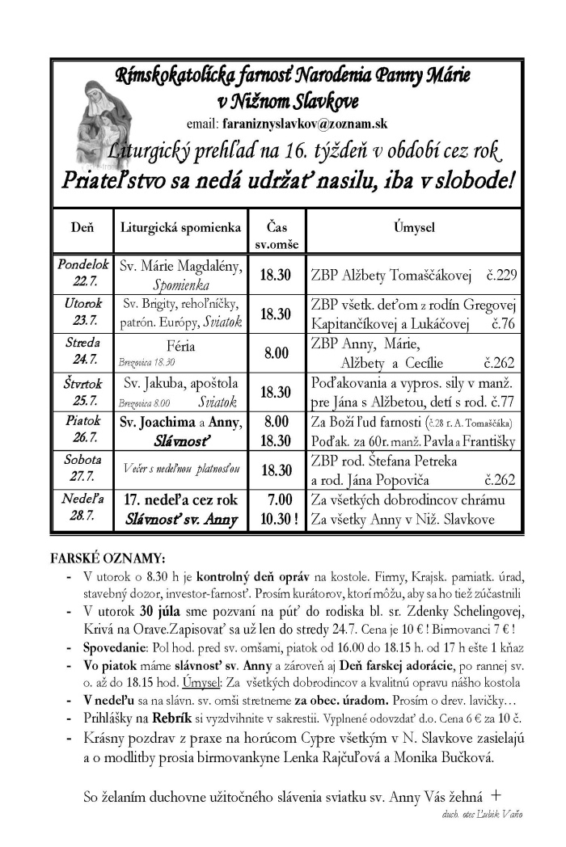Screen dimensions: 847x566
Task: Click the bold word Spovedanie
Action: [x=113, y=650]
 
